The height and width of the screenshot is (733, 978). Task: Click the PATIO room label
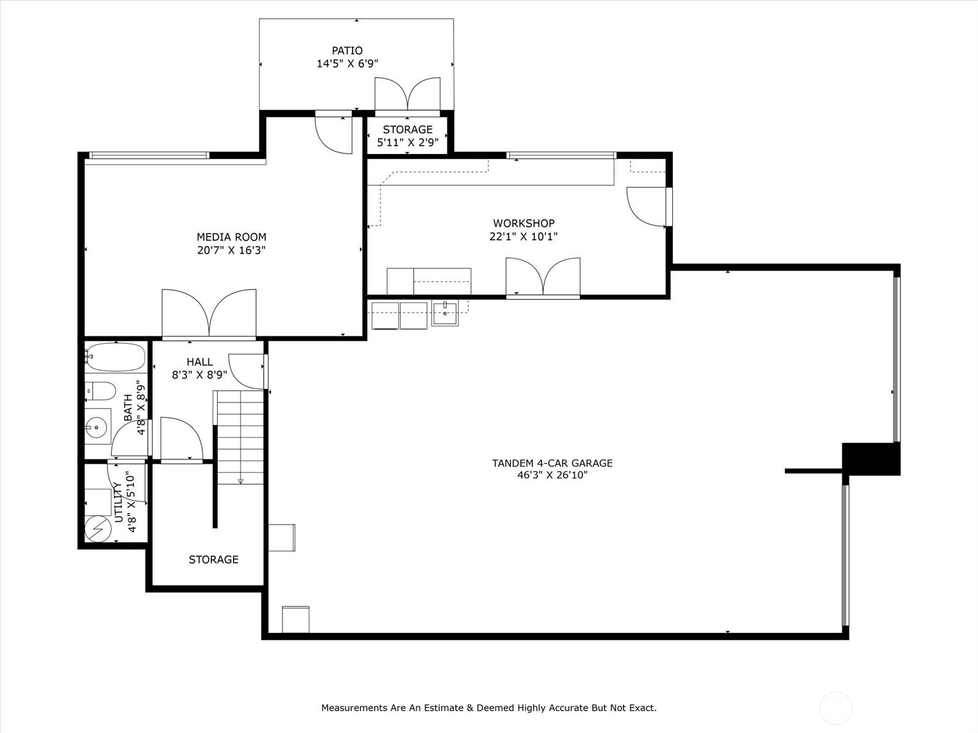point(347,51)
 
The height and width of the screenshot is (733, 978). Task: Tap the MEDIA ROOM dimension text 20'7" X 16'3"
point(231,250)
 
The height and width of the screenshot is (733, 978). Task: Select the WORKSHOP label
point(524,224)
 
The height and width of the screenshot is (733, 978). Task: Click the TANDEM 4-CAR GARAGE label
point(552,463)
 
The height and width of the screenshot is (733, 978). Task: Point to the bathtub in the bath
point(116,357)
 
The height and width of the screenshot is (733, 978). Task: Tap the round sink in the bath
point(97,426)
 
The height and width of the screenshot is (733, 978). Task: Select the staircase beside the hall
point(240,437)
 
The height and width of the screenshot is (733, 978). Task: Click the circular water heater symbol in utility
point(97,528)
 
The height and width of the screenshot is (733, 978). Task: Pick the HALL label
point(200,362)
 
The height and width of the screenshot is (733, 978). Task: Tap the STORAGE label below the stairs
point(213,560)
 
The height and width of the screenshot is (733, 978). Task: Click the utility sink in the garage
point(445,314)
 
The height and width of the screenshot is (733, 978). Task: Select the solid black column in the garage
point(871,459)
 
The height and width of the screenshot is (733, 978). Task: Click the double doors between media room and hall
point(209,313)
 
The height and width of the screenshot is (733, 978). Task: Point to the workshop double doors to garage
point(543,278)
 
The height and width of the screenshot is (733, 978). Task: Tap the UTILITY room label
point(119,502)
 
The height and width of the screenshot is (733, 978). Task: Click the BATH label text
point(128,408)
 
